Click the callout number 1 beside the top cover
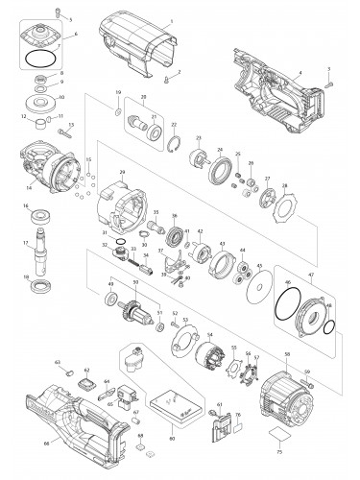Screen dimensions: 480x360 171,20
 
